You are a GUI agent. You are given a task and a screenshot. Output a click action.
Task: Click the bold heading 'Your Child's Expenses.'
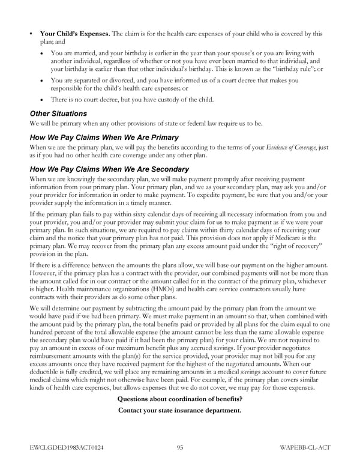pyautogui.click(x=75, y=34)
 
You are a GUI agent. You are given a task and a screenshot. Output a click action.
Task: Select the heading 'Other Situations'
pyautogui.click(x=58, y=113)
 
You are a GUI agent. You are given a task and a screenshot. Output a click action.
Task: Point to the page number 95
pyautogui.click(x=180, y=447)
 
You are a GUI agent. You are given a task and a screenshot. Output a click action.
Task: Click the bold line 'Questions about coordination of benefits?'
pyautogui.click(x=180, y=399)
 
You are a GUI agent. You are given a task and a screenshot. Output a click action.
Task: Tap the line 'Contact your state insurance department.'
pyautogui.click(x=180, y=411)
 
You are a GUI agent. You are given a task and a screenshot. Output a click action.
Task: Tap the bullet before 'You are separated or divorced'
pyautogui.click(x=41, y=80)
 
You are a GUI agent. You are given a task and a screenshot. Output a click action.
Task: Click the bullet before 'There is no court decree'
pyautogui.click(x=41, y=100)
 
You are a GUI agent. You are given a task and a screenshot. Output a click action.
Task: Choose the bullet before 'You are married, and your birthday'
pyautogui.click(x=41, y=53)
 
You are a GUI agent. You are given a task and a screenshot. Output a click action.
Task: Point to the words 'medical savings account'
pyautogui.click(x=236, y=372)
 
